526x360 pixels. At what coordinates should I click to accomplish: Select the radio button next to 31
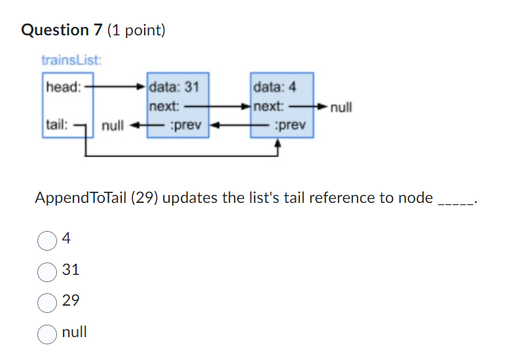click(x=47, y=271)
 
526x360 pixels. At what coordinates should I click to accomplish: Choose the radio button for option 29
click(x=47, y=302)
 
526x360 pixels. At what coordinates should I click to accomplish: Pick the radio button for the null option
click(x=47, y=333)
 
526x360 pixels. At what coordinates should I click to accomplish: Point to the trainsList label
click(x=71, y=61)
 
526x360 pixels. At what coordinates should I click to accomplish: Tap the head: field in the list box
click(x=63, y=86)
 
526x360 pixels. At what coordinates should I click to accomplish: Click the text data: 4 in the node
click(x=274, y=86)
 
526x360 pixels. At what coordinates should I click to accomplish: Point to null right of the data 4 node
click(x=341, y=107)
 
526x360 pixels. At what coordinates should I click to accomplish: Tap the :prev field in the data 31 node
click(x=185, y=124)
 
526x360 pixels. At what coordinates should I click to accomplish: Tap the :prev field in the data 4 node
click(x=290, y=124)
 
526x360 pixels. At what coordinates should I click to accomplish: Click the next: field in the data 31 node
click(x=164, y=105)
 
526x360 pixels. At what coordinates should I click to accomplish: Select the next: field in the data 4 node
click(x=269, y=105)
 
